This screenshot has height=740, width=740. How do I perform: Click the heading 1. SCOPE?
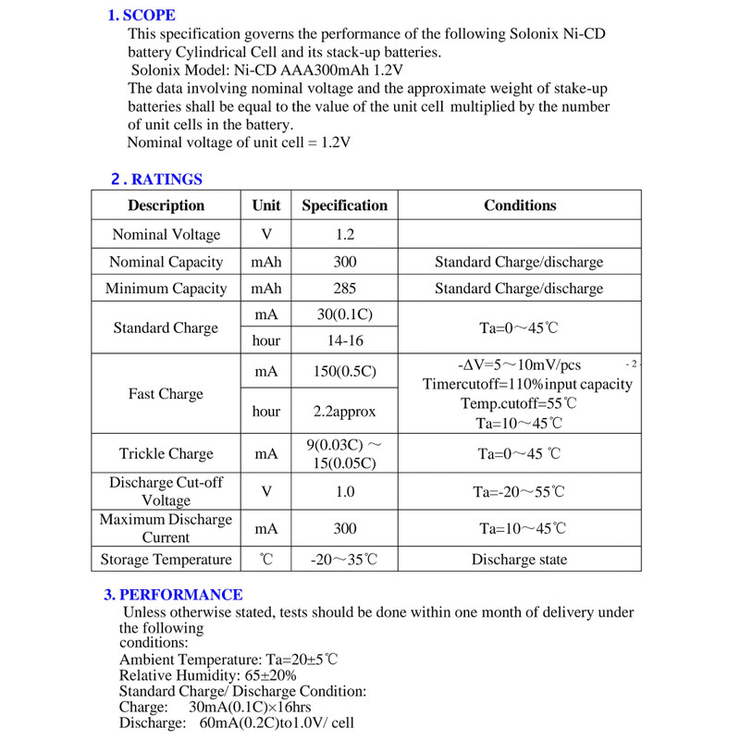142,15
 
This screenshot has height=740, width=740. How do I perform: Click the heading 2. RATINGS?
156,179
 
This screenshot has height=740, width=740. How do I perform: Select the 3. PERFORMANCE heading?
173,595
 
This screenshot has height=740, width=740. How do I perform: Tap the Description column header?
166,205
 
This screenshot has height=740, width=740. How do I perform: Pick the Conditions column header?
520,205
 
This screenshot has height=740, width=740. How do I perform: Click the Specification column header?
344,205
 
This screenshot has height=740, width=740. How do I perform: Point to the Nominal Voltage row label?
166,235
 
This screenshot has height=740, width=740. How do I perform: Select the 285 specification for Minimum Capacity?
345,289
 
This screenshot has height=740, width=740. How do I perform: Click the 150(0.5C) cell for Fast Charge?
345,372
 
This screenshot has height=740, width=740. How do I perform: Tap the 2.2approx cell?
345,412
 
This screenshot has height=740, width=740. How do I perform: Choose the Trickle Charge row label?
166,454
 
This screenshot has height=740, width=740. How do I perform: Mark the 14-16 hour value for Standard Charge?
345,341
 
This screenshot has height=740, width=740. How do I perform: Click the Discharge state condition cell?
520,560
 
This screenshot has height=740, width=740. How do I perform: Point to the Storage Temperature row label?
166,560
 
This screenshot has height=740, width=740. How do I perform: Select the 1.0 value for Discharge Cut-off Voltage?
345,492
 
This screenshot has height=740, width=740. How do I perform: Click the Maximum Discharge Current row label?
166,528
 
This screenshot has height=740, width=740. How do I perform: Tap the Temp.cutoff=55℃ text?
519,404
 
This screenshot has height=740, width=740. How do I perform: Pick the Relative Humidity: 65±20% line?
208,675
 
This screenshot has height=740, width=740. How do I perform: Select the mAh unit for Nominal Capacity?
266,263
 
